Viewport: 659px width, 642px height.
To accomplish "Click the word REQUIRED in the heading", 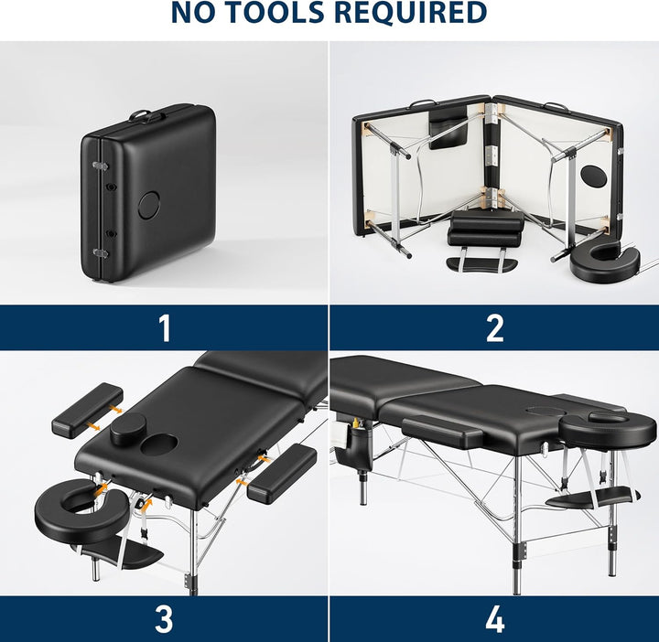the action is (411, 13).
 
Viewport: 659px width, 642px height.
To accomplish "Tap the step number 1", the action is (165, 328).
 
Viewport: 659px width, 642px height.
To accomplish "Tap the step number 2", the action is (494, 328).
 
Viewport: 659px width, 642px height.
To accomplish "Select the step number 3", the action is (164, 618).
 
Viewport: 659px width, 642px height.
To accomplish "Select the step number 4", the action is (494, 618).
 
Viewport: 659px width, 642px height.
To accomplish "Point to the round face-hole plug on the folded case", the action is (149, 205).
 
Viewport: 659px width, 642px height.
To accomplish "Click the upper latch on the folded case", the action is (100, 166).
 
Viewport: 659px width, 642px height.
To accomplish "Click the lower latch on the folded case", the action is (100, 252).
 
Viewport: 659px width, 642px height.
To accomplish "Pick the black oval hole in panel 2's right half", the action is (593, 177).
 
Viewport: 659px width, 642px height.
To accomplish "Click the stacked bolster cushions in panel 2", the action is (486, 229).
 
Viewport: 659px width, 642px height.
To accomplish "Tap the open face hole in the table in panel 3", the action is (159, 445).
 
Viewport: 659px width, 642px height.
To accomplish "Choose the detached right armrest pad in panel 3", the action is (282, 474).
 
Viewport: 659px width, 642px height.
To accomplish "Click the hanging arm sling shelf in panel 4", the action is (592, 498).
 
